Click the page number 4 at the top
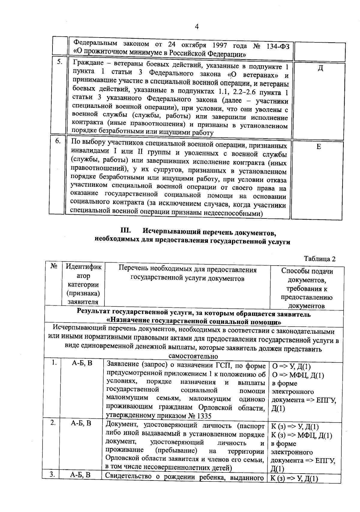tap(197, 27)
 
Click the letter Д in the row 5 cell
tap(320, 68)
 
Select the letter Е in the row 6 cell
tap(319, 146)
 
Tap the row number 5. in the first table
tap(60, 62)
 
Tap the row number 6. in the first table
tap(58, 141)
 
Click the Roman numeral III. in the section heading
tap(126, 231)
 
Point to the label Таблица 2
tap(319, 259)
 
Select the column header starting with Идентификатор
tap(83, 284)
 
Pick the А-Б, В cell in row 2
tap(81, 423)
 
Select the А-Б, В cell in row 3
tap(80, 475)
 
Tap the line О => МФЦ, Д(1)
tap(298, 375)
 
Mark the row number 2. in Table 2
tap(53, 423)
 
